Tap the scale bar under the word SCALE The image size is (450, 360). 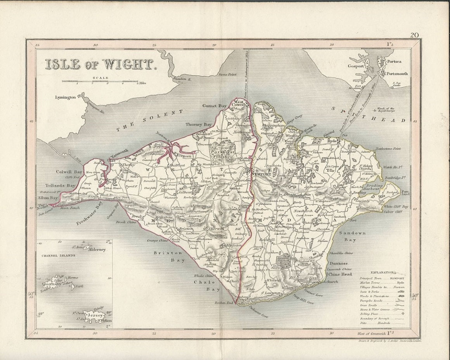100,82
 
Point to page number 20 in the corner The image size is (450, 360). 414,35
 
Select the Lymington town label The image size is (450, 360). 65,97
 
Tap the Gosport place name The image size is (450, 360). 356,66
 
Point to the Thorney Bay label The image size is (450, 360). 199,124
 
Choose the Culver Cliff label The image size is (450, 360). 395,212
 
